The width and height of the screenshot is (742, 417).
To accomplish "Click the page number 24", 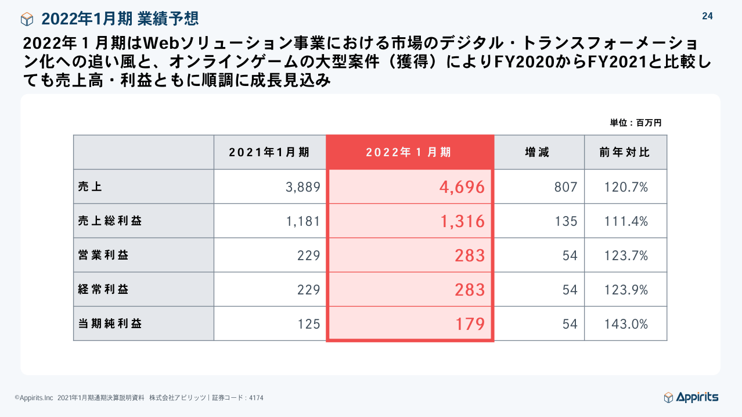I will tap(707, 16).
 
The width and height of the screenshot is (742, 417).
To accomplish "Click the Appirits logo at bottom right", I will tap(691, 397).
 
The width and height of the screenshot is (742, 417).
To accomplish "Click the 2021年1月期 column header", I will tap(269, 152).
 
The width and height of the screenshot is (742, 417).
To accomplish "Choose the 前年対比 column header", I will tap(625, 152).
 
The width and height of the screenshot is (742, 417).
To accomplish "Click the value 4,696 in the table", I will tap(462, 187).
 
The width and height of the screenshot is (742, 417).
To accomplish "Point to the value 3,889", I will tap(303, 187).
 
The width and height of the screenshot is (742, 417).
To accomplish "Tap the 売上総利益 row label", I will tap(110, 221).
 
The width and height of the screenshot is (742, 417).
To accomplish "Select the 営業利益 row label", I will tap(103, 255).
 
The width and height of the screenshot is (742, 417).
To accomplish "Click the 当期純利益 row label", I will tap(110, 323).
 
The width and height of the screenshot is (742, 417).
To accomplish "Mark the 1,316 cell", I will tap(462, 221).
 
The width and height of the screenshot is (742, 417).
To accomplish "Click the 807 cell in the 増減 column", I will tap(565, 187).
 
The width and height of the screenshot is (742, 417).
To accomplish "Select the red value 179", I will tap(470, 324).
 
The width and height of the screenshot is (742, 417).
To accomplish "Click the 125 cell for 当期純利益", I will tap(309, 324).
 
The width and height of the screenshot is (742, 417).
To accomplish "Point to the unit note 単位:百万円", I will tap(635, 123).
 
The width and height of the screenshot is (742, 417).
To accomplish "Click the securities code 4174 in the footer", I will tap(256, 398).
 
